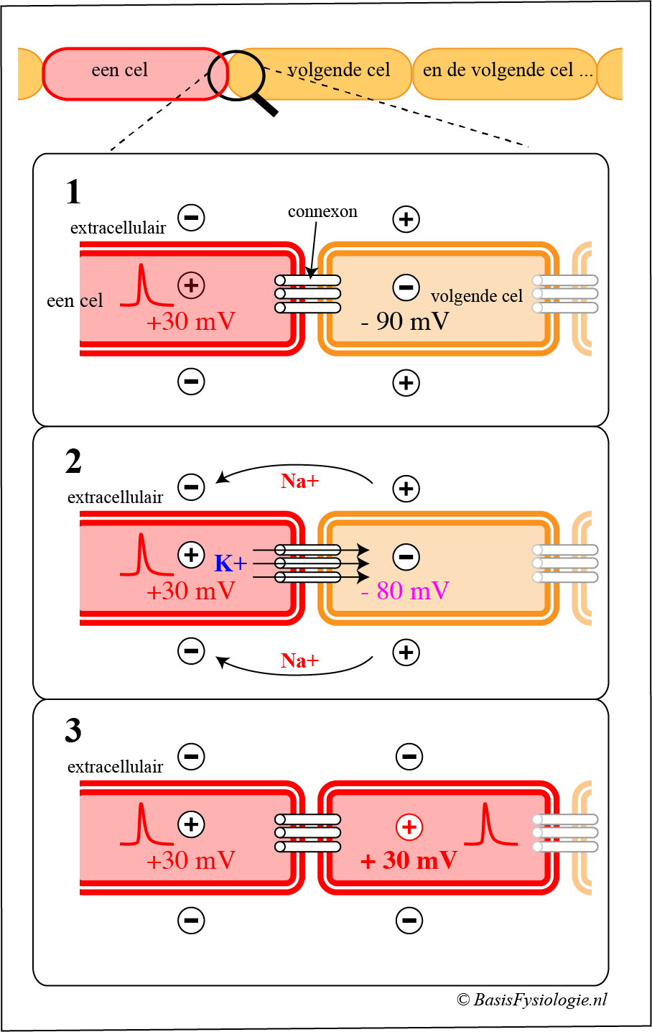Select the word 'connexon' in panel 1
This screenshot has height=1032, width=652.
[322, 211]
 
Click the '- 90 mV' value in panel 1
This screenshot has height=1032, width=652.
[405, 321]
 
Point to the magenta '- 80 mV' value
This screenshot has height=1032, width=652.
[405, 591]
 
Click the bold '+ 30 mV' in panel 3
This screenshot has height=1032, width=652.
[409, 860]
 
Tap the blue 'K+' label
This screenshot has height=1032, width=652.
[230, 563]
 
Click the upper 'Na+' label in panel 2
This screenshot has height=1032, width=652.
[299, 481]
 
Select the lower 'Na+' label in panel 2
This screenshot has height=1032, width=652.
[299, 660]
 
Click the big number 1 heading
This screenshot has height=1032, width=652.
[73, 193]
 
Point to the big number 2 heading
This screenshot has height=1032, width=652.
[73, 461]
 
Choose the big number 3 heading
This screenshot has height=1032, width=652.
[73, 731]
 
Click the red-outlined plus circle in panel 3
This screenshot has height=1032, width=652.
[409, 827]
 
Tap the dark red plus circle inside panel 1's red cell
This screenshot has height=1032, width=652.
[191, 285]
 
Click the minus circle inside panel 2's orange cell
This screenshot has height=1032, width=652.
[406, 557]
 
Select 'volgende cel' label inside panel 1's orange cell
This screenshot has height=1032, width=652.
[477, 296]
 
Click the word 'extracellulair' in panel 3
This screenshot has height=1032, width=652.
[115, 767]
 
